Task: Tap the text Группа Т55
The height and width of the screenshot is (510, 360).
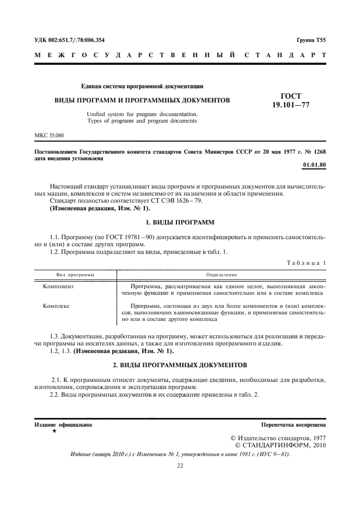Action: click(312, 40)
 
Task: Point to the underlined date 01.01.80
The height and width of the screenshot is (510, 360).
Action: click(314, 164)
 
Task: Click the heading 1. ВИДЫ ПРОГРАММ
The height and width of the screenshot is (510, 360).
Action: click(181, 222)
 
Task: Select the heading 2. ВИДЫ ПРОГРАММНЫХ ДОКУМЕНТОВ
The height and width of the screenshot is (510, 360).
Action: click(180, 363)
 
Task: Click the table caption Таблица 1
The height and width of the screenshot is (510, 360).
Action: click(307, 263)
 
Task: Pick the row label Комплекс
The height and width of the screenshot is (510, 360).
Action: click(57, 306)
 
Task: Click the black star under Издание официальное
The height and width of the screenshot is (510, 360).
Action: click(54, 431)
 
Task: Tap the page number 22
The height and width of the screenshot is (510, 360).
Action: click(180, 465)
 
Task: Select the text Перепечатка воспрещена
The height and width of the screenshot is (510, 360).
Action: click(294, 424)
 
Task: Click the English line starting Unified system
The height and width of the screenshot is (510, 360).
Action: click(143, 114)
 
